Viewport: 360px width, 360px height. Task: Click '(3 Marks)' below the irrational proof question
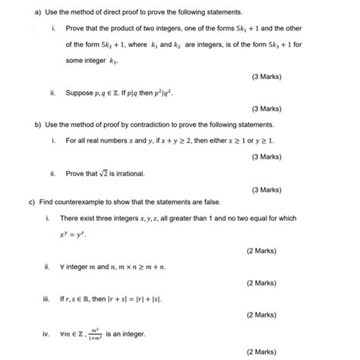pyautogui.click(x=266, y=189)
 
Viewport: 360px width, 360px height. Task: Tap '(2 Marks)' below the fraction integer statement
pyautogui.click(x=261, y=352)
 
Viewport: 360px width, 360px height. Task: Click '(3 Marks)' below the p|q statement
pyautogui.click(x=266, y=109)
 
